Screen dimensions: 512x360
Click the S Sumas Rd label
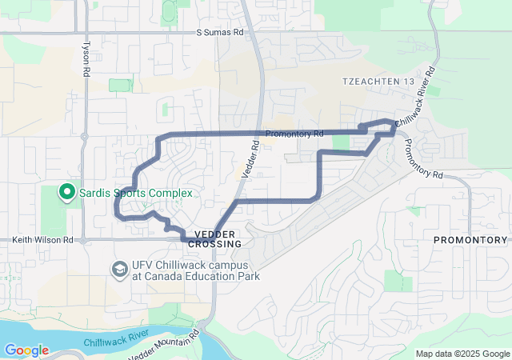click(x=220, y=34)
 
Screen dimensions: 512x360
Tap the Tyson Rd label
click(x=85, y=58)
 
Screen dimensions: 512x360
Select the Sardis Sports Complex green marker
click(x=66, y=193)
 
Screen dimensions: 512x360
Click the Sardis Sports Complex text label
click(x=134, y=193)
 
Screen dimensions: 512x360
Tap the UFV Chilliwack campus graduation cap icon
click(x=119, y=267)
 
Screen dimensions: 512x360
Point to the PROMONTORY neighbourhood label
click(x=470, y=240)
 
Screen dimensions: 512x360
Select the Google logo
click(x=26, y=350)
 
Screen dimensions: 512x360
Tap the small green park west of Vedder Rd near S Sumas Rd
click(x=120, y=85)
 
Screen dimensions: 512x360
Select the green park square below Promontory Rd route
click(x=341, y=142)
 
